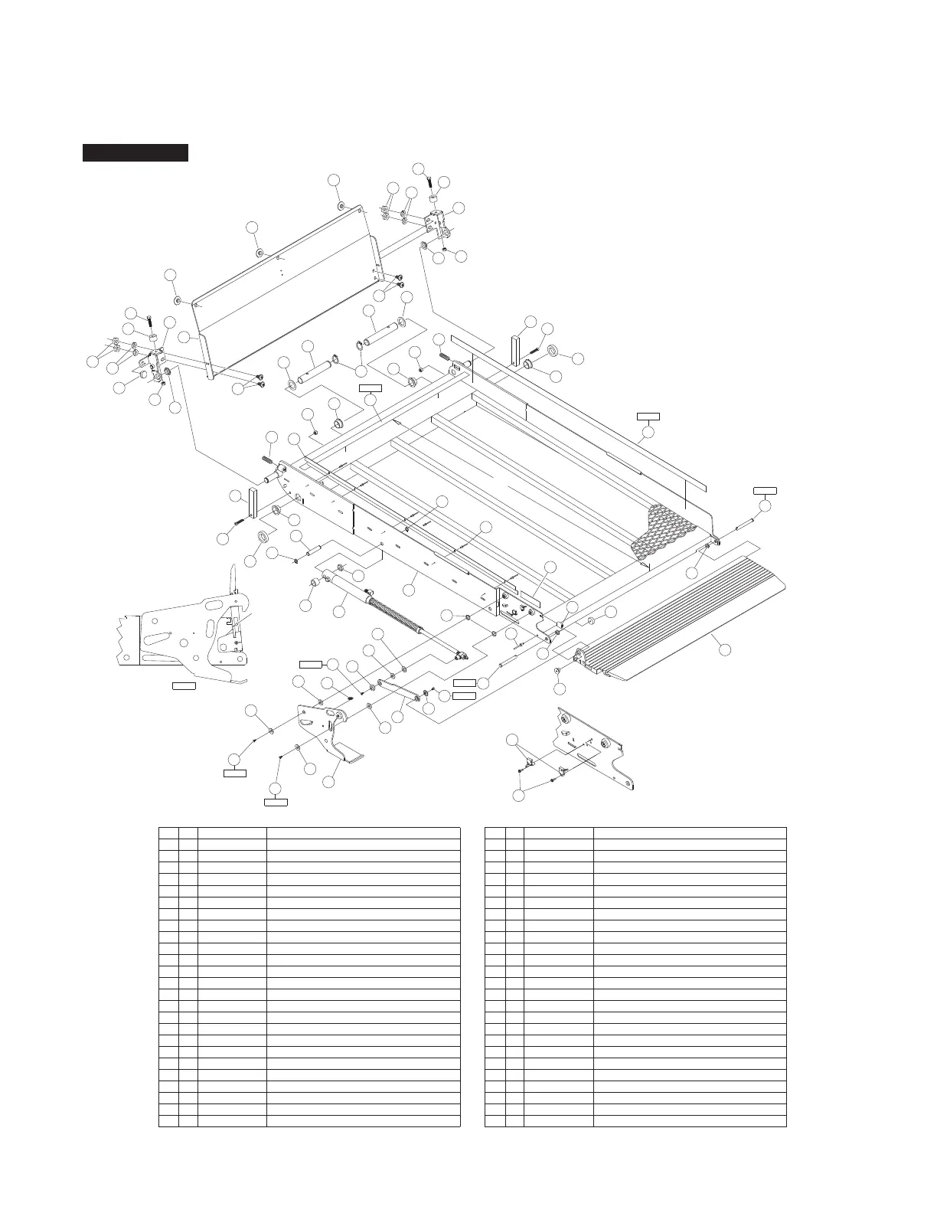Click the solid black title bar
[x=135, y=152]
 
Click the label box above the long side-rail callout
[x=648, y=417]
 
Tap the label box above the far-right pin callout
[x=765, y=489]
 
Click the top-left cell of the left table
[x=168, y=832]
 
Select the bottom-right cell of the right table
[x=690, y=1121]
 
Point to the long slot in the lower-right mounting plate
[x=588, y=758]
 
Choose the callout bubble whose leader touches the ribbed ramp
[x=725, y=649]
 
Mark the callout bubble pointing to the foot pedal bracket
[x=328, y=783]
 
